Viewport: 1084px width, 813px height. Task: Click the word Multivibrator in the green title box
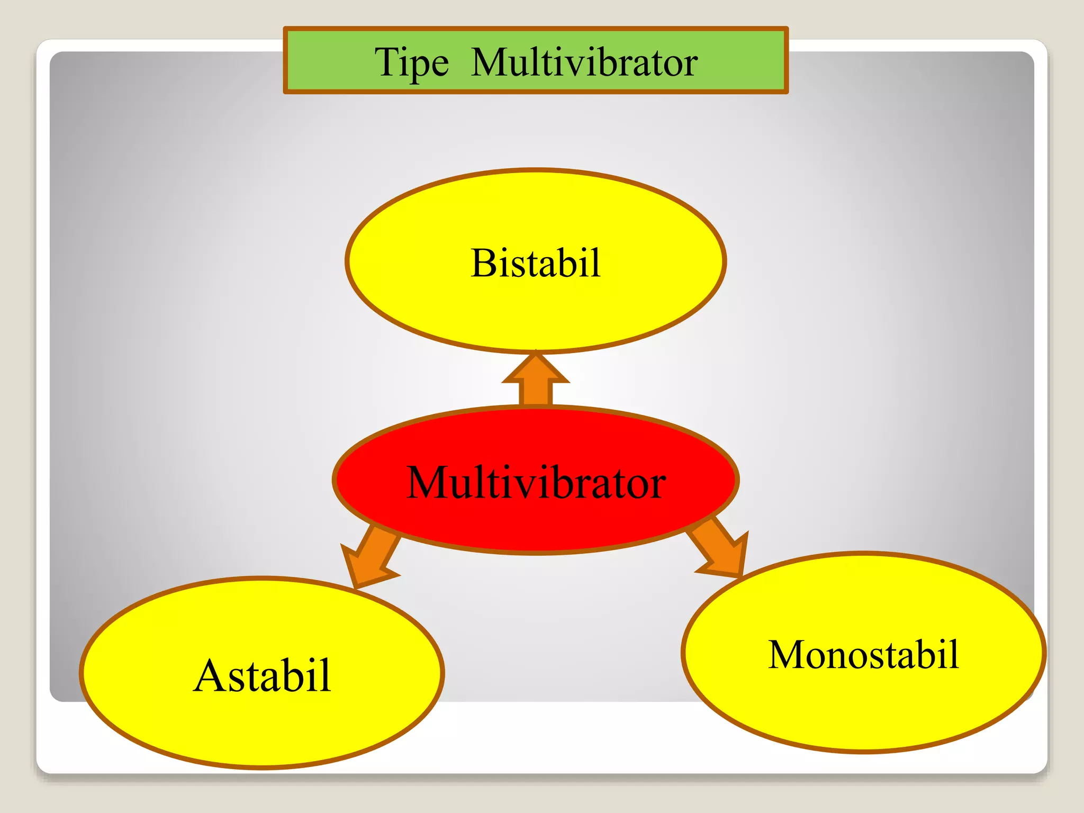tap(584, 62)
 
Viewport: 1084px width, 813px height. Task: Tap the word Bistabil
tap(535, 263)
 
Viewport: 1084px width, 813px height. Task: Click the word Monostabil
tap(863, 655)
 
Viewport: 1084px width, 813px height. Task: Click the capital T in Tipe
tap(386, 62)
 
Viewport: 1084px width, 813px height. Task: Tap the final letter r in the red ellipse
tap(658, 486)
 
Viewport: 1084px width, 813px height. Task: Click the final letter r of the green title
tap(691, 66)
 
